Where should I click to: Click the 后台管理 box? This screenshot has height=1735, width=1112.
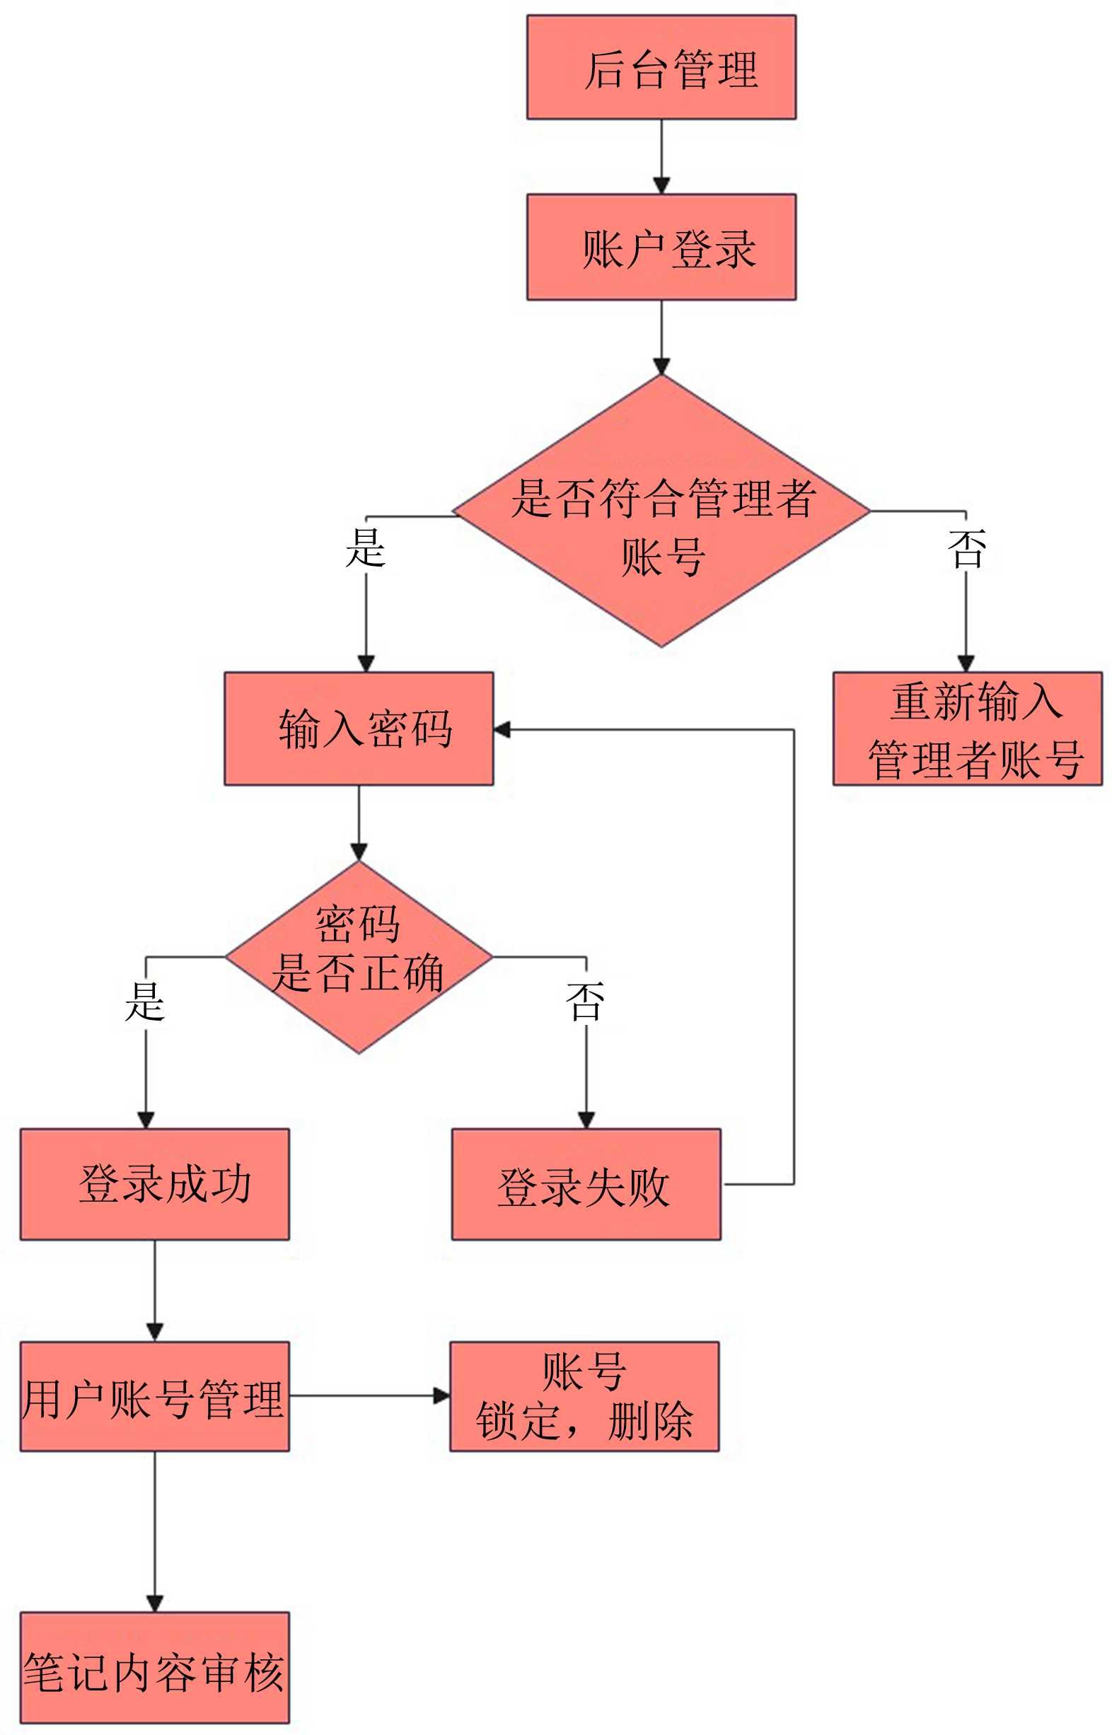click(661, 67)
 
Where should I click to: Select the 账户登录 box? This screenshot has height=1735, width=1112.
click(661, 246)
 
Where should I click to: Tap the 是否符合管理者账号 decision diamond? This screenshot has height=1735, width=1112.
click(661, 511)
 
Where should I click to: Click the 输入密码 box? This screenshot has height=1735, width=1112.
click(358, 728)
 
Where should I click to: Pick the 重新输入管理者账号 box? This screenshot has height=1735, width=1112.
click(967, 728)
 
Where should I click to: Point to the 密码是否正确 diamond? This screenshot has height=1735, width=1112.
click(358, 957)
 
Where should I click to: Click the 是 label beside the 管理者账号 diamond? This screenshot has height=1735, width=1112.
click(366, 547)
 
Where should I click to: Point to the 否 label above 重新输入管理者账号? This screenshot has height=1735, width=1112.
click(966, 549)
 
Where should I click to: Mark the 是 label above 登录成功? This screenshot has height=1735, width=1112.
click(145, 1002)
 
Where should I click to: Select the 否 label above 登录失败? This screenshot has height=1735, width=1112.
click(585, 1002)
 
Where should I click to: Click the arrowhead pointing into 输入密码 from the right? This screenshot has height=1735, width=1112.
click(502, 729)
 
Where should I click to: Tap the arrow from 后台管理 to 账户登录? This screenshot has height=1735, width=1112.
click(661, 155)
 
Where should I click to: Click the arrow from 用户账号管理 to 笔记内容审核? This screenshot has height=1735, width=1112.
click(154, 1531)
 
